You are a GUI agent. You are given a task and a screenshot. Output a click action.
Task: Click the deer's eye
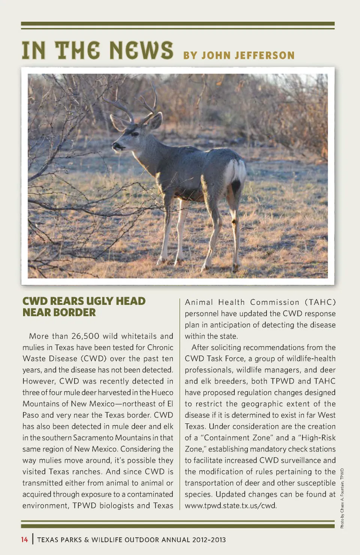[x=134, y=134]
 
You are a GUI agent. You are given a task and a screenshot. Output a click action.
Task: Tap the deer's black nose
[x=116, y=145]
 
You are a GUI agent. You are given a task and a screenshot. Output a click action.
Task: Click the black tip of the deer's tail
[x=236, y=186]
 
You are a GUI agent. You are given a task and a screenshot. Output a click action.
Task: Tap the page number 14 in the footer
[x=24, y=540]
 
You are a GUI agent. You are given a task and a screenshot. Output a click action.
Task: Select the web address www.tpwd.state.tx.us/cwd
[x=230, y=505]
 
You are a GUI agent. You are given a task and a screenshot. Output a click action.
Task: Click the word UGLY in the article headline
[x=100, y=301]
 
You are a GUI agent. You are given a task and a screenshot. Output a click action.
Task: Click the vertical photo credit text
[x=342, y=498]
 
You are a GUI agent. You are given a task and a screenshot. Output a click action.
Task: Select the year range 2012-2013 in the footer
[x=209, y=540]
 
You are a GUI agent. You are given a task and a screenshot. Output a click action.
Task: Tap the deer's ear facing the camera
[x=155, y=121]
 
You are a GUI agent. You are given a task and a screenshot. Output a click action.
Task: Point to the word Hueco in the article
[x=162, y=392]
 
